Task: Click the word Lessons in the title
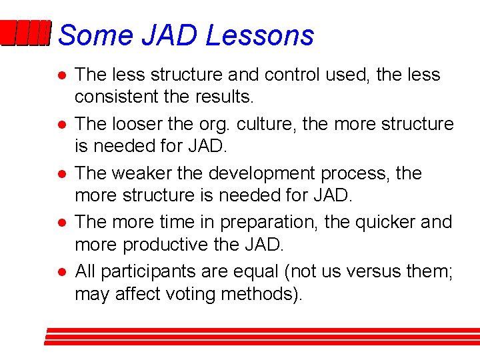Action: [x=259, y=35]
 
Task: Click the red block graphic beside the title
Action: [x=25, y=34]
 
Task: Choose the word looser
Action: [x=142, y=124]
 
